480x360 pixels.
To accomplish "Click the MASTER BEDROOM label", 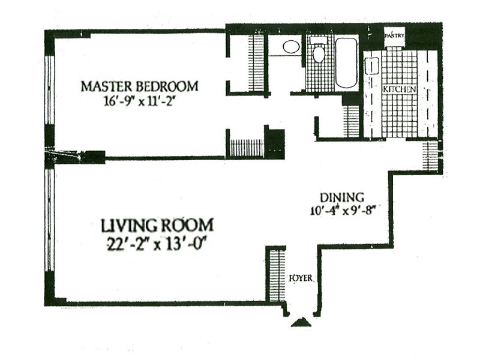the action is [140, 86].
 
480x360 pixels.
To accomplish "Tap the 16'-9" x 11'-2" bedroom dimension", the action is [140, 101].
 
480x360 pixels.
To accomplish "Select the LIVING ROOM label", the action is [157, 226].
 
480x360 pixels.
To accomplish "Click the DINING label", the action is [342, 197].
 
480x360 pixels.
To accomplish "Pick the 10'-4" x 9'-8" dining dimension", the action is [342, 211].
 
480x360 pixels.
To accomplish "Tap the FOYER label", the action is [301, 278].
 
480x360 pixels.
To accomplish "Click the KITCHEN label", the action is [400, 89].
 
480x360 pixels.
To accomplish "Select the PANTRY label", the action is [395, 36].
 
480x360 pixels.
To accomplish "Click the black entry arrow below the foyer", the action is [301, 322].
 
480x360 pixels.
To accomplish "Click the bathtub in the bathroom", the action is [346, 63].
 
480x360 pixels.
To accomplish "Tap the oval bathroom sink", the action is [291, 47].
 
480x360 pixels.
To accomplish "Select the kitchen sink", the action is [371, 67].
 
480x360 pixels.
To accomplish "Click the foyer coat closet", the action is [277, 275].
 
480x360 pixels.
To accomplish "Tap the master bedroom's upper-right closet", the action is [256, 63].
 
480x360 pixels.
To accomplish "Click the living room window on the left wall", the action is [49, 220].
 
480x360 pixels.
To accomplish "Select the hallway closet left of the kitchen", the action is [352, 122].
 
